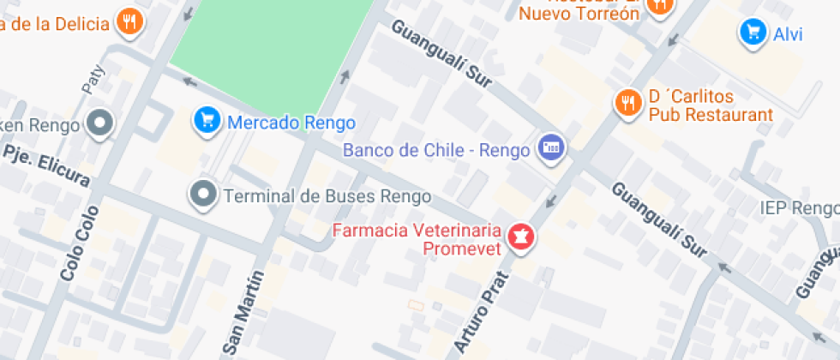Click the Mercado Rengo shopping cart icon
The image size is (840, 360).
tap(207, 121)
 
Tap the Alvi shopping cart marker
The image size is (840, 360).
tap(753, 33)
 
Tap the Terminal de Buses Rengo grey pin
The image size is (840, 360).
tap(203, 195)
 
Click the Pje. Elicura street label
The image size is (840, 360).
tap(47, 165)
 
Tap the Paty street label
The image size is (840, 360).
tap(92, 79)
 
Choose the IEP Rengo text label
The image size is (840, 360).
tap(797, 208)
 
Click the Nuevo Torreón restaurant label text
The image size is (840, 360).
tap(579, 13)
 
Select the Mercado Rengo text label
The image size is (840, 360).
tap(291, 123)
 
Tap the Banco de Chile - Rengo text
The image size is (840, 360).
tap(435, 150)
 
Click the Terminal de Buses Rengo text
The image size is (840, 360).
tap(327, 196)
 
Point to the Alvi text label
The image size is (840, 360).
tap(788, 34)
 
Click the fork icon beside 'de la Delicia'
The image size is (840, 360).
tap(129, 21)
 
